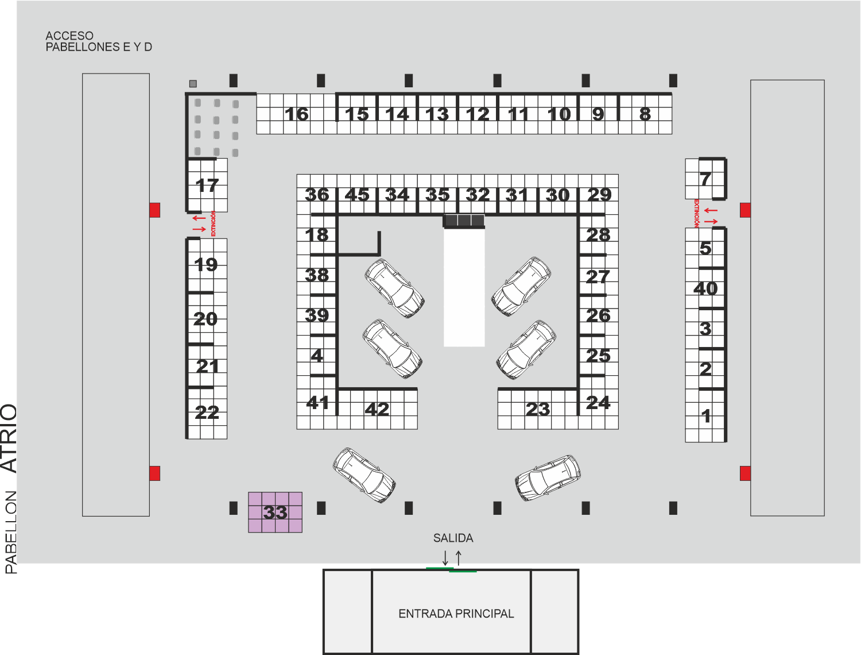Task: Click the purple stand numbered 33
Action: point(275,512)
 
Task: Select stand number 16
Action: point(297,114)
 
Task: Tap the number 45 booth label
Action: point(357,195)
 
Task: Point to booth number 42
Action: point(377,409)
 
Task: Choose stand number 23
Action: point(538,409)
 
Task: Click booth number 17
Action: point(207,185)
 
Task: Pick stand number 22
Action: point(207,413)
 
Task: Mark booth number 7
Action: point(705,179)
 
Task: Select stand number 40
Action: point(705,288)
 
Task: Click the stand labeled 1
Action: point(705,415)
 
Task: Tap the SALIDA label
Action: point(453,538)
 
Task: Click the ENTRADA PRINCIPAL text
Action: point(456,614)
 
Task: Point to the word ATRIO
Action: point(9,438)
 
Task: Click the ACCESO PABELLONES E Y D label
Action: point(99,41)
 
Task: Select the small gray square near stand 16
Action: point(193,83)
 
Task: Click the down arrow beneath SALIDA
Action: point(445,558)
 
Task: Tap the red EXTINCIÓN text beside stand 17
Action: point(213,224)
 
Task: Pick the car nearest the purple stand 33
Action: point(364,475)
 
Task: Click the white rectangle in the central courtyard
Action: point(464,288)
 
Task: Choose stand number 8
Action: point(645,114)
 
